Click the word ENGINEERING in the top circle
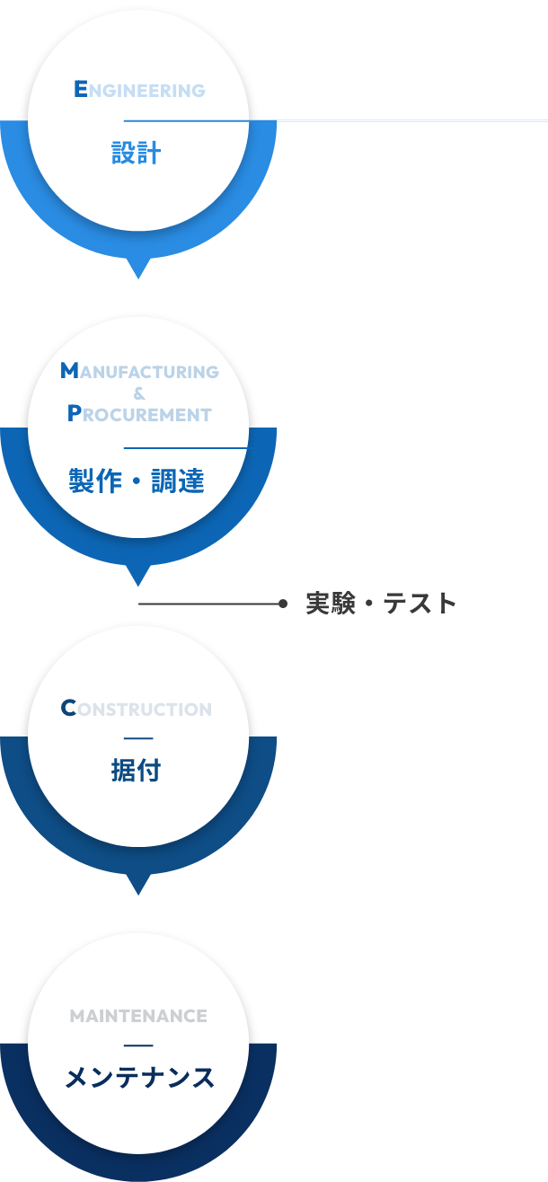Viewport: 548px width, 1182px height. click(x=138, y=90)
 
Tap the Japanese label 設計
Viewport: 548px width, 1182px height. click(x=137, y=154)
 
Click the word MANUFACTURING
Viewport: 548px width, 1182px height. click(x=139, y=371)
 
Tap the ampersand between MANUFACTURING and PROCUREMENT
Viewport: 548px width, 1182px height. click(x=138, y=393)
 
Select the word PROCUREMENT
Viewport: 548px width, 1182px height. click(x=139, y=414)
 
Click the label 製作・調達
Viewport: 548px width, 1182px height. click(x=137, y=482)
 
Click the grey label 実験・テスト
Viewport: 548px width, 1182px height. click(x=382, y=604)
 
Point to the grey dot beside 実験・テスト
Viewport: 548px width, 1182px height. click(x=283, y=604)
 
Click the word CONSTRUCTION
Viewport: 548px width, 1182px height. click(x=137, y=709)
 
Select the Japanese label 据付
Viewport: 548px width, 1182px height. click(x=137, y=771)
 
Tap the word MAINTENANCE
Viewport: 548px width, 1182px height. click(x=138, y=1016)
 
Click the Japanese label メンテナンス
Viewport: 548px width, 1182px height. click(x=139, y=1078)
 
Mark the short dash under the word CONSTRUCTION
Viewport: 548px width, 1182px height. click(x=138, y=739)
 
